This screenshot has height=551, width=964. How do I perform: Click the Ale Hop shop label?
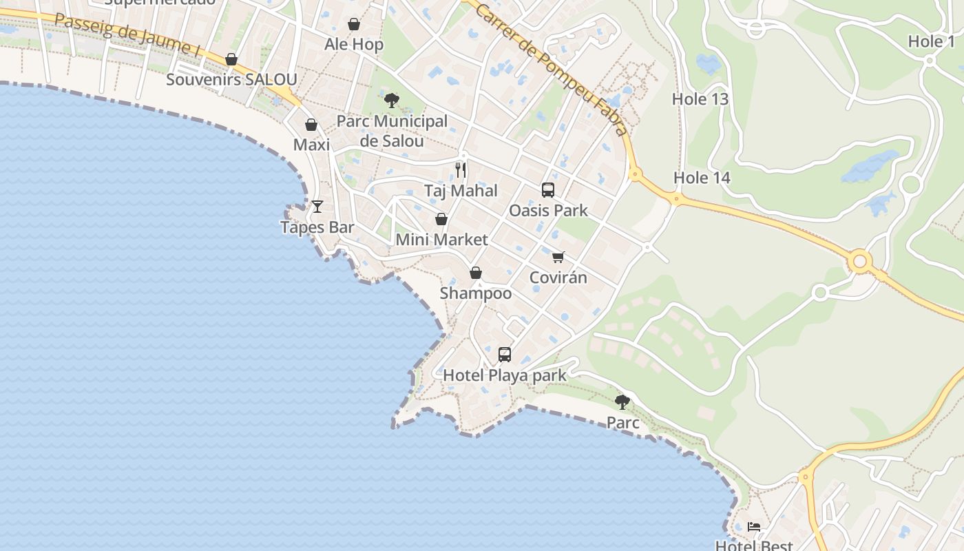(354, 45)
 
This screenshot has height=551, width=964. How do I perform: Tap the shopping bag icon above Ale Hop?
(354, 25)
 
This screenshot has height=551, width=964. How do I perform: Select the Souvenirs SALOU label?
(231, 79)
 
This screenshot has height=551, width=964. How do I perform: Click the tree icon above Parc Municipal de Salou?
(392, 101)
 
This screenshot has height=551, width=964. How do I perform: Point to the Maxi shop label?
(311, 145)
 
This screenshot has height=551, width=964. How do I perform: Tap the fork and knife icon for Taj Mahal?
(461, 169)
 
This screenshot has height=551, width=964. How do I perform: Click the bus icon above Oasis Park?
(548, 190)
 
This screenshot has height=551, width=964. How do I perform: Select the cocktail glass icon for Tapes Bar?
(317, 207)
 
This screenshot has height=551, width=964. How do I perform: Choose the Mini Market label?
(441, 240)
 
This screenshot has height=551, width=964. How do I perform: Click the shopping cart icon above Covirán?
(558, 257)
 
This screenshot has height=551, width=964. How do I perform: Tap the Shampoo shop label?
(476, 293)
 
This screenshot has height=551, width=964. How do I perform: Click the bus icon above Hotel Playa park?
(505, 355)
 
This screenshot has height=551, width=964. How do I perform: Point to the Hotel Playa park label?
(505, 375)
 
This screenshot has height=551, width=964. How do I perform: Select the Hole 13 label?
(700, 99)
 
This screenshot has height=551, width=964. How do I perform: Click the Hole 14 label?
(702, 178)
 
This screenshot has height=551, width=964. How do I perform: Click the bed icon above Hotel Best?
(755, 528)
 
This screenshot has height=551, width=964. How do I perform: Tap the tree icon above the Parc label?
(622, 402)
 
